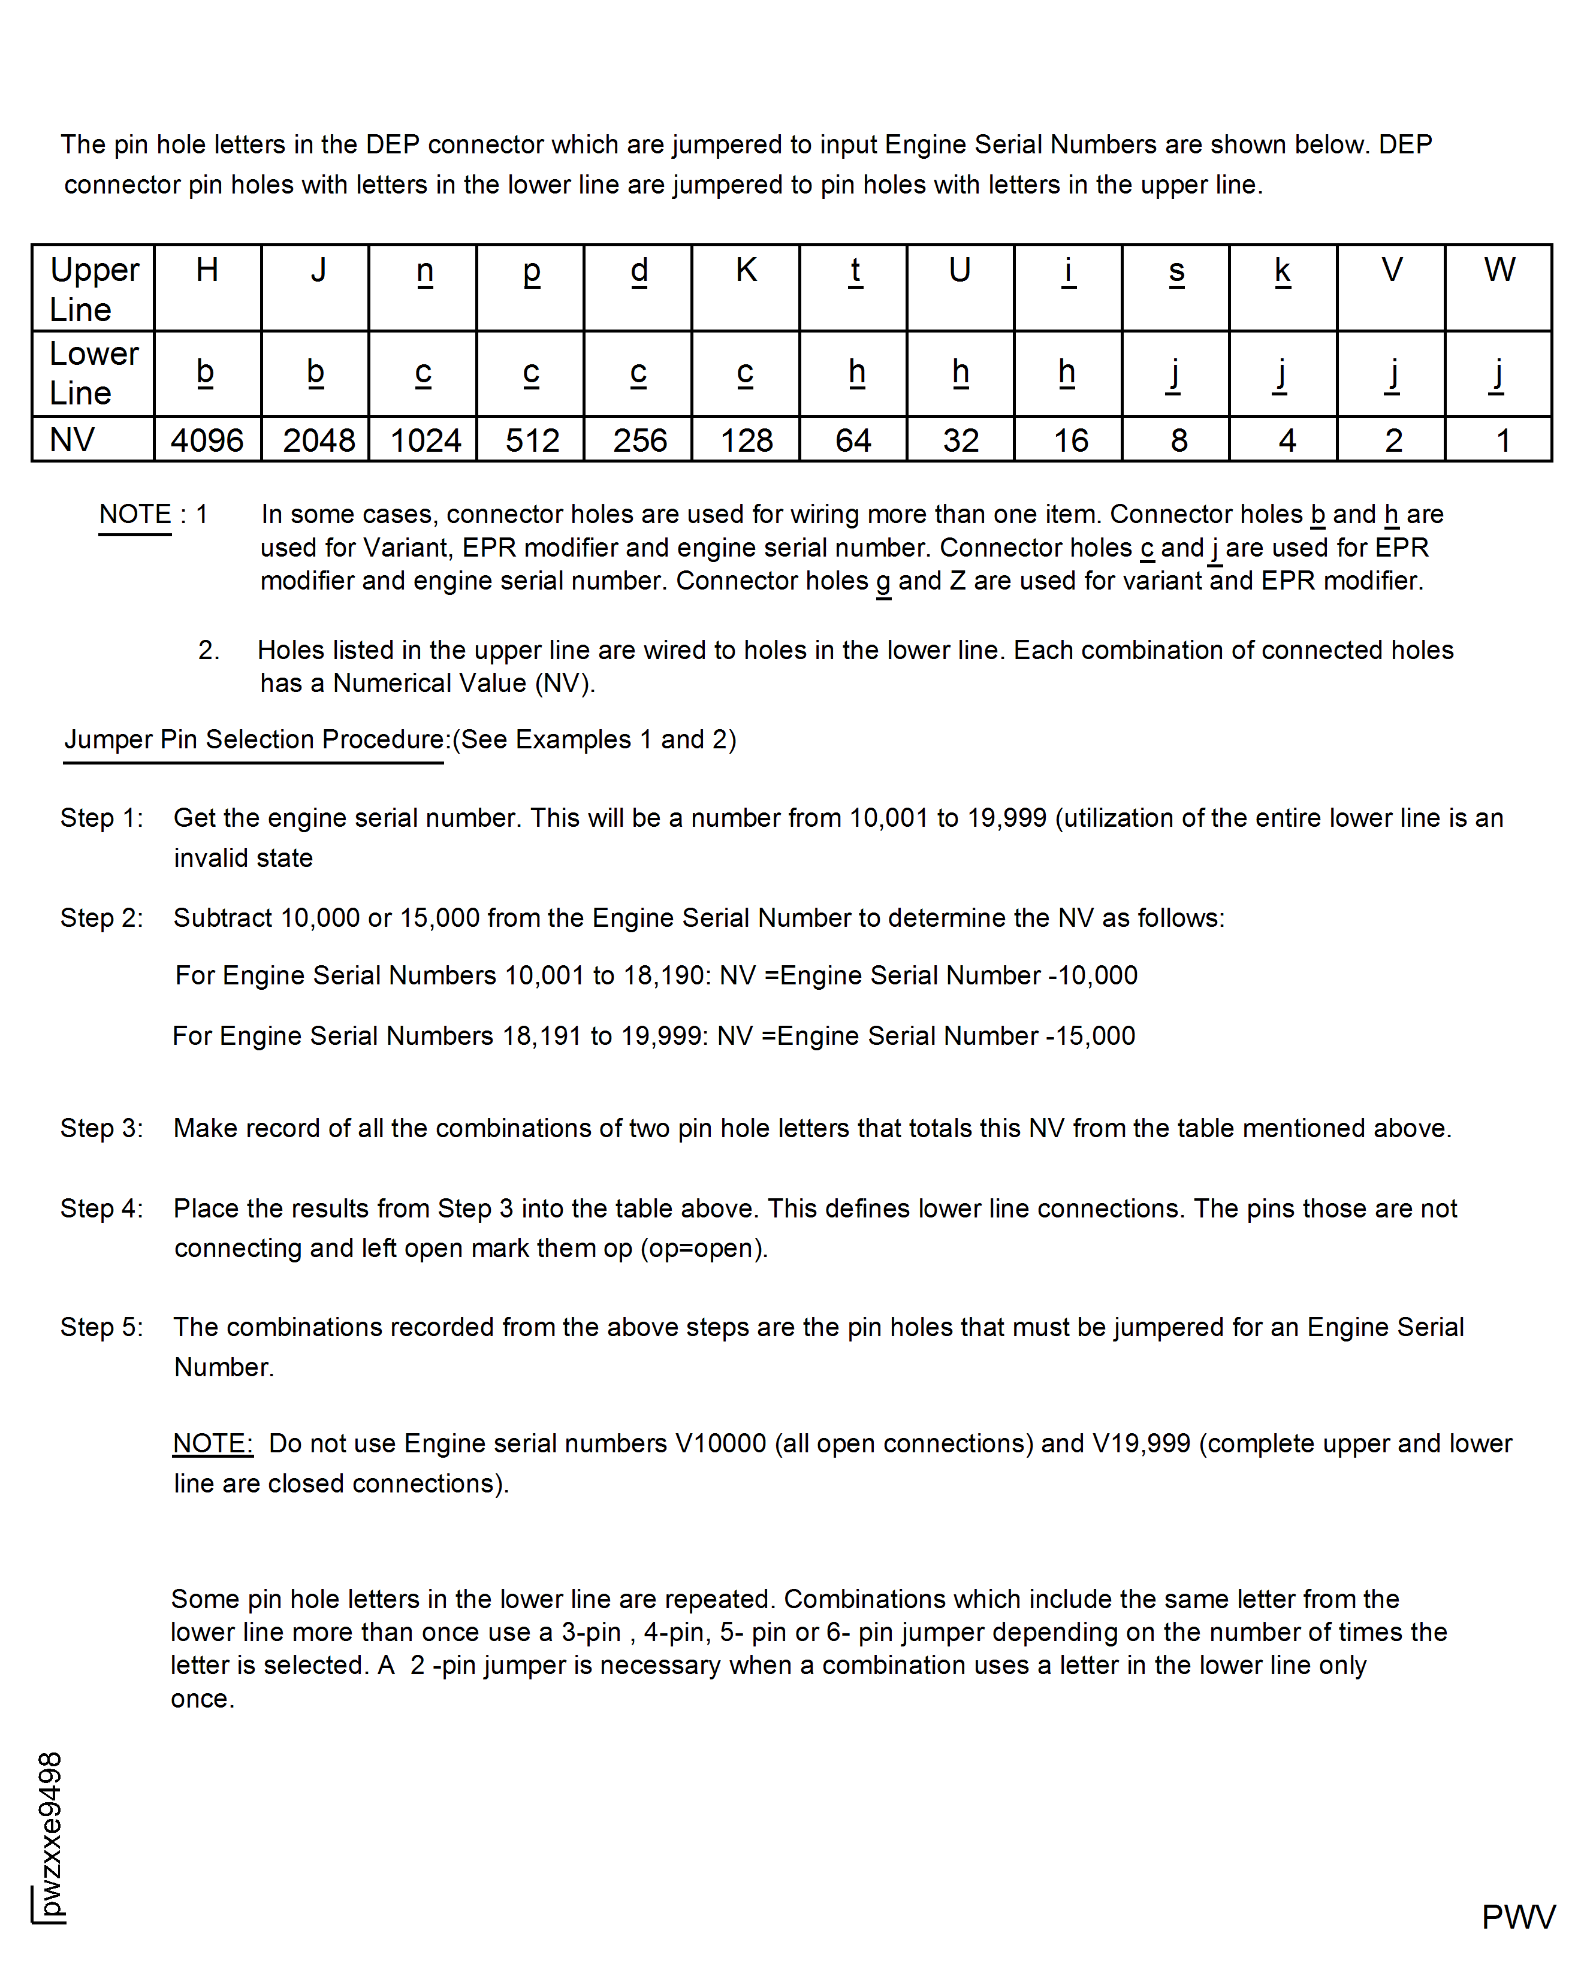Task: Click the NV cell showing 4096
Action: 207,440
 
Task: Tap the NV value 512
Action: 532,440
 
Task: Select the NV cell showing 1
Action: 1502,440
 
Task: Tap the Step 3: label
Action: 101,1128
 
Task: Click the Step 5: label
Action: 101,1327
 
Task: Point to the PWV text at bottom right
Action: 1517,1916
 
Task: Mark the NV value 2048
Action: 318,440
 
